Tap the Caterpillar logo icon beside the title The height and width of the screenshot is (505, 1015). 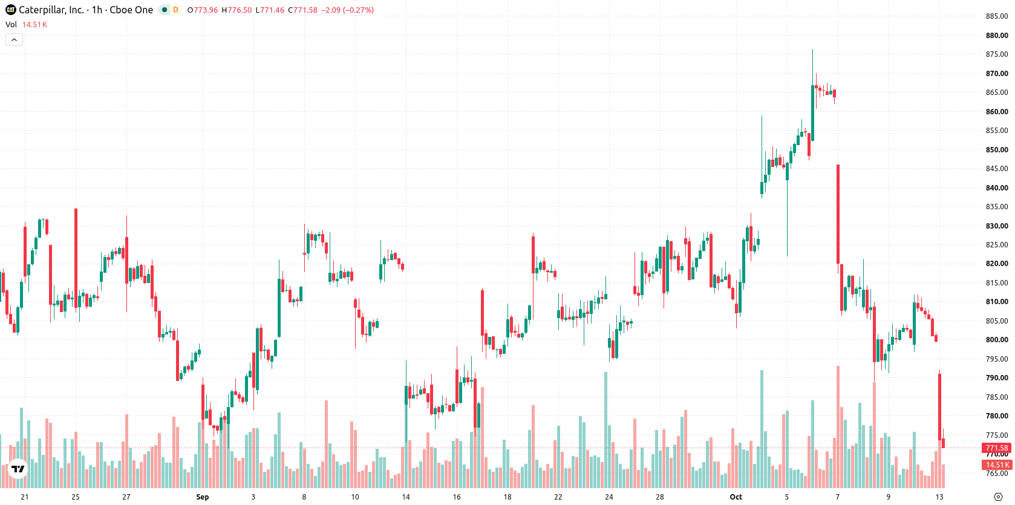click(11, 10)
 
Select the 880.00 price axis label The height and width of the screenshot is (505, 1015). click(997, 35)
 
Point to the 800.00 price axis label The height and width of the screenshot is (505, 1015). click(997, 340)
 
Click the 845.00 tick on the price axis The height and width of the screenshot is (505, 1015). click(997, 169)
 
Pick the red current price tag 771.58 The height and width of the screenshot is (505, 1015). click(997, 448)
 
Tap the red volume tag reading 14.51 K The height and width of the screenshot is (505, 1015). click(997, 464)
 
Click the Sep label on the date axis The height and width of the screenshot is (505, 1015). click(203, 497)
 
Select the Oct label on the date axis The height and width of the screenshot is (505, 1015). click(736, 497)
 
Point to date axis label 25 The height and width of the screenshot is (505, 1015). click(76, 497)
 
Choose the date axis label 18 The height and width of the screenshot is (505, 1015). click(507, 497)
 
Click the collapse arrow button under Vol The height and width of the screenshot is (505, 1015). click(14, 40)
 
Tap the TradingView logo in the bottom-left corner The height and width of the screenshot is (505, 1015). click(18, 469)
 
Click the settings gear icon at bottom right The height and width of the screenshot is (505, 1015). click(998, 497)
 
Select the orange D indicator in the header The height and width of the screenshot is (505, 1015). click(175, 10)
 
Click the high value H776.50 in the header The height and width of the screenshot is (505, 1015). click(237, 10)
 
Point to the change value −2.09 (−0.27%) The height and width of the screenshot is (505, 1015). click(348, 10)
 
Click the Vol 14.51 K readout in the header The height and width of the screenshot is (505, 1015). click(26, 24)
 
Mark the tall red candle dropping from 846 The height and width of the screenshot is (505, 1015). click(838, 213)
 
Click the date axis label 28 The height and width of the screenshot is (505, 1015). click(660, 497)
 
